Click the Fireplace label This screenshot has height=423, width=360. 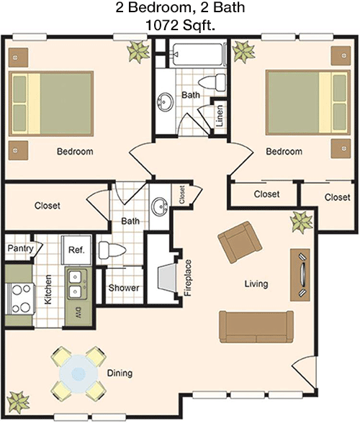coord(188,278)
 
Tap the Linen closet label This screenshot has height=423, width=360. coord(220,116)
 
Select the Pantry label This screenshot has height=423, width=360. coord(21,248)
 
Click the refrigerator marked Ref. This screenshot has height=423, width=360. coord(76,250)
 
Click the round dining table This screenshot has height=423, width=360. coord(78,373)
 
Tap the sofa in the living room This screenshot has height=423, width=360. coord(256,327)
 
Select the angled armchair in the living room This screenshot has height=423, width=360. coord(240,242)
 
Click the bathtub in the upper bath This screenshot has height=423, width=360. coord(199,55)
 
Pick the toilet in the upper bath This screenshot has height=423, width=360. coord(212,82)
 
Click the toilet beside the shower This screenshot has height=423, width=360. coord(112,250)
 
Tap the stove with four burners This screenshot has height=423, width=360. coord(19,299)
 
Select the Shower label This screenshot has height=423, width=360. coord(124,288)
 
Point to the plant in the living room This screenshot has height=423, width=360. coord(302,222)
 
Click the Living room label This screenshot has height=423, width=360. coord(256,283)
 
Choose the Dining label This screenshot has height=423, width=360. coord(120,373)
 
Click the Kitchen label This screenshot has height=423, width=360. coord(48,289)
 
